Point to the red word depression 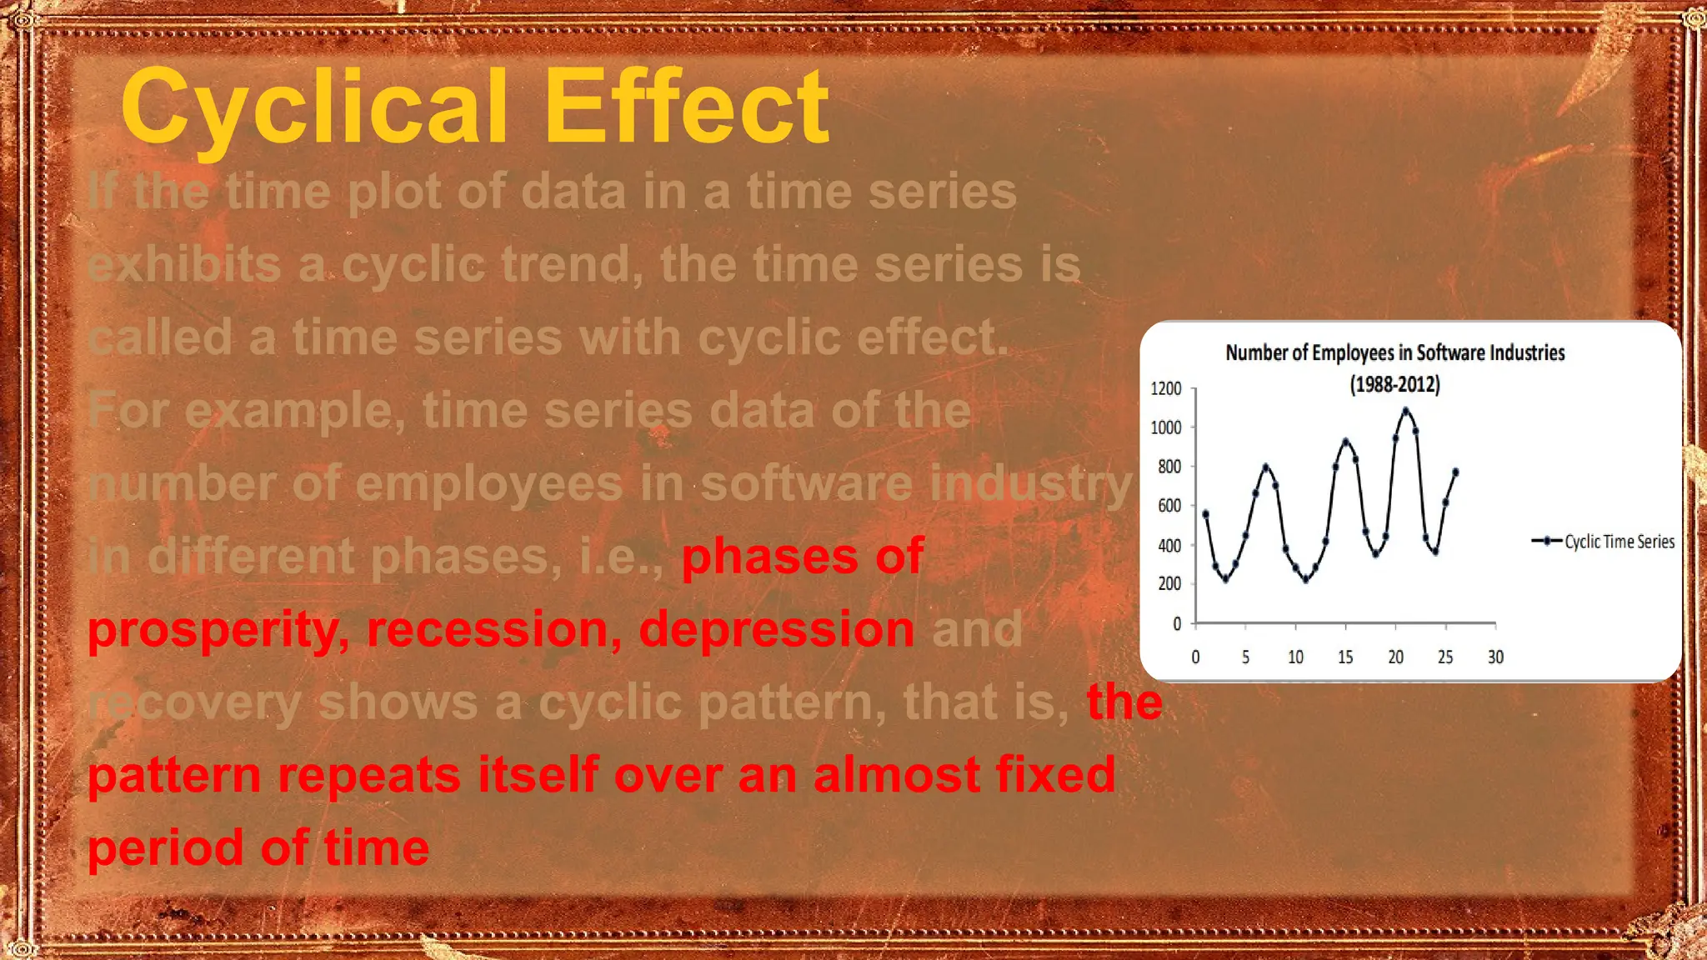776,629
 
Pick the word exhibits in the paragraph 184,265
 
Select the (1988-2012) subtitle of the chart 1394,384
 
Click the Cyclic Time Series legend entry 1618,542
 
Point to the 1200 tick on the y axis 1166,388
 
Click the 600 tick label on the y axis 1169,506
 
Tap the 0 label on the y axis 1177,623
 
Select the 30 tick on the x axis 1495,657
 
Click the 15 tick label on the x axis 1345,657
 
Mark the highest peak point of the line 1405,411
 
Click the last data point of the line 1455,472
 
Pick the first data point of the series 1205,514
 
